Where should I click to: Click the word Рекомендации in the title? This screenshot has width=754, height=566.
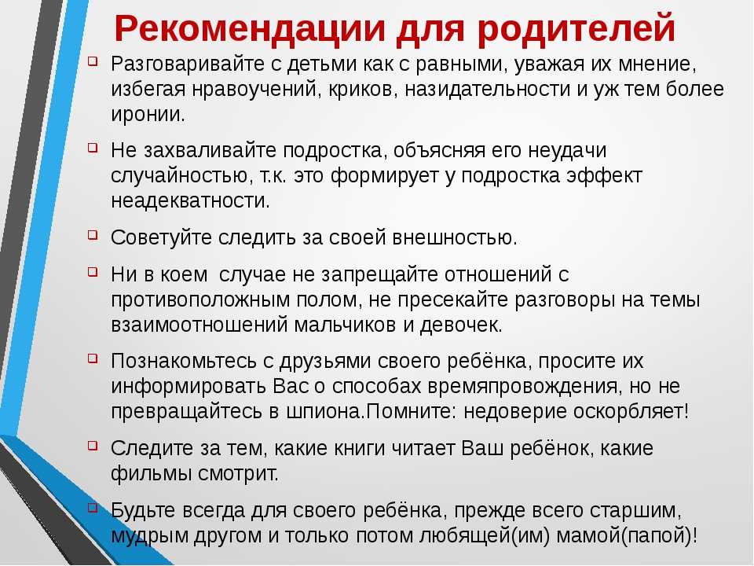(250, 28)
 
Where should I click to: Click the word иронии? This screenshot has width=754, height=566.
(148, 115)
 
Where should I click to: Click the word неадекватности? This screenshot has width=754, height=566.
(190, 200)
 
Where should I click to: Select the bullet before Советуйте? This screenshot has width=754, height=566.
(93, 235)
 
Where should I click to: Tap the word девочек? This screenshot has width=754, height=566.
(461, 325)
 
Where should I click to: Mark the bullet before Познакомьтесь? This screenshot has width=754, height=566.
(93, 358)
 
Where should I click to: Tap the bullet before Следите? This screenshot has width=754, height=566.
(93, 446)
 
